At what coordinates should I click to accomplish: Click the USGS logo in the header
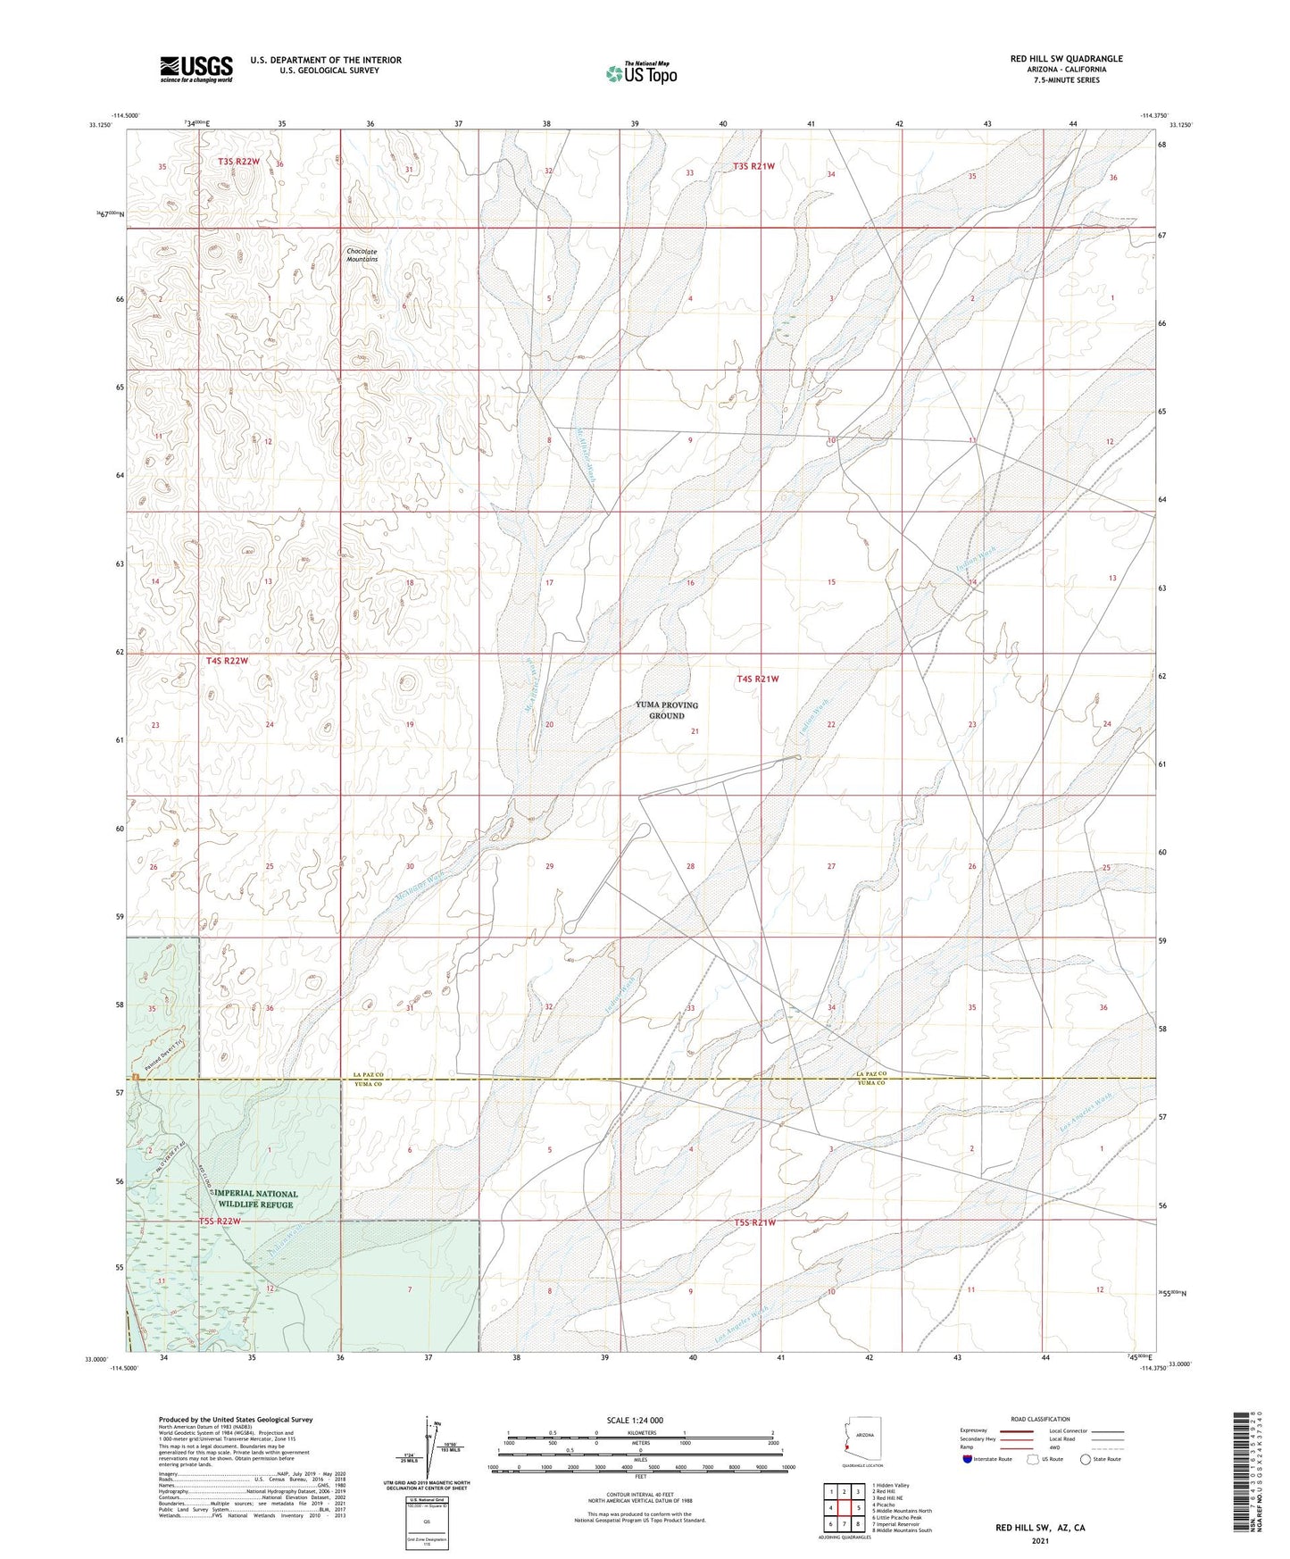[196, 68]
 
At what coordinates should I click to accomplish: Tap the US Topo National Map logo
[641, 73]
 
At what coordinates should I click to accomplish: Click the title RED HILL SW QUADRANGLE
[1066, 59]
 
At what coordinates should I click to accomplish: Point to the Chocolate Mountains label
[362, 255]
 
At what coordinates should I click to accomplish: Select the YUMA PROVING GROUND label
[667, 710]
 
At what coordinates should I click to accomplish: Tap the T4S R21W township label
[757, 679]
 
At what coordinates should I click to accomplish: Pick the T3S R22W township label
[238, 162]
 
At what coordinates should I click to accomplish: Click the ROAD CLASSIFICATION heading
[1040, 1419]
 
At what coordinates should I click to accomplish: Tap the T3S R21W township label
[753, 166]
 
